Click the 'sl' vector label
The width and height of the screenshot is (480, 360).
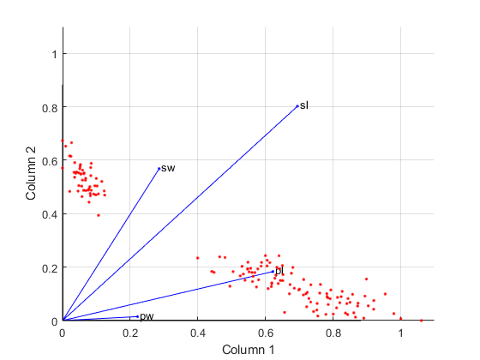coord(304,105)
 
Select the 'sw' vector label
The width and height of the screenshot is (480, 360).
coord(168,168)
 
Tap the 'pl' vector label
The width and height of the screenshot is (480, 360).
coord(279,271)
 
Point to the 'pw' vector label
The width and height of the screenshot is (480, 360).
coord(147,317)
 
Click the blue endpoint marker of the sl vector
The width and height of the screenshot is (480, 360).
coord(297,105)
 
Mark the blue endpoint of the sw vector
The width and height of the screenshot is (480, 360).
coord(159,168)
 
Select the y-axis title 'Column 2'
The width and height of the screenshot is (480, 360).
coord(32,174)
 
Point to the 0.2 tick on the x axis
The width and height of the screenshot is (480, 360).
coord(129,333)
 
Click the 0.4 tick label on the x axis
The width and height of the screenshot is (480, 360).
coord(197,333)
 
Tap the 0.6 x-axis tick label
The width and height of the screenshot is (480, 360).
coord(265,333)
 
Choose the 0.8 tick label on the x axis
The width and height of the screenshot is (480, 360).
coord(333,333)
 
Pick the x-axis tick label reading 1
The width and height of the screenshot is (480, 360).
coord(400,333)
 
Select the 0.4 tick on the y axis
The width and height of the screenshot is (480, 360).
coord(49,214)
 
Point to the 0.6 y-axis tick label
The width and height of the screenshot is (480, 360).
coord(49,160)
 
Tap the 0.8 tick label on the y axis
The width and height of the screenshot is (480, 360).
coord(49,107)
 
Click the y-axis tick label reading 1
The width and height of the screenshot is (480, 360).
coord(53,54)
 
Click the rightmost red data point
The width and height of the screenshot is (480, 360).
coord(422,320)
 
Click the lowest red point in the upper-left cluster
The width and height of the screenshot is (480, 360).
coord(99,215)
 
